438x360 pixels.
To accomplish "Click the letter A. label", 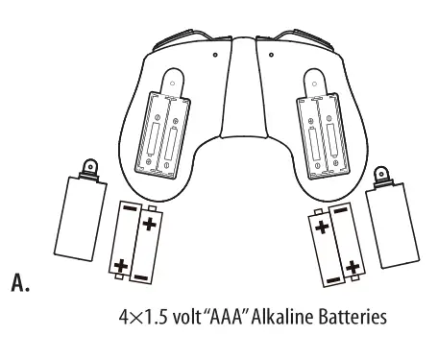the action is pyautogui.click(x=16, y=283).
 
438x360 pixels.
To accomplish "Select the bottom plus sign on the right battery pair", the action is pyautogui.click(x=353, y=264).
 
